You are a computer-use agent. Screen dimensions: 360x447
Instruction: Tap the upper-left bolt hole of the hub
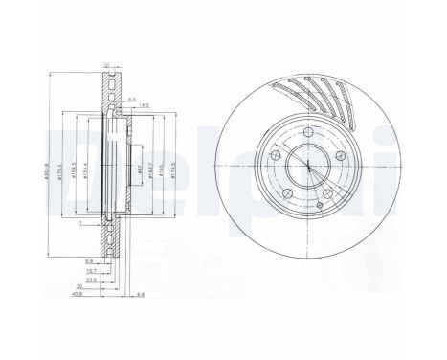coord(276,153)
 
